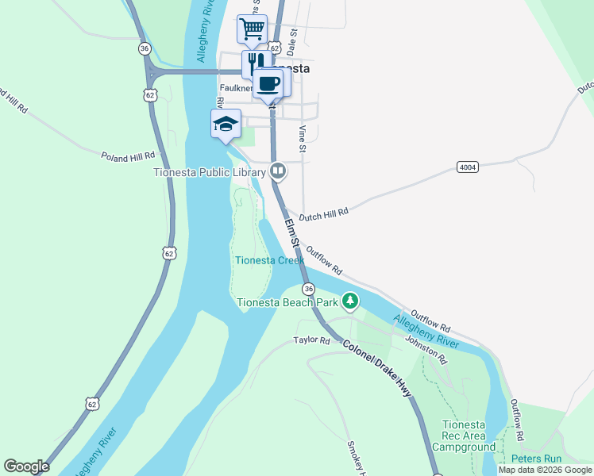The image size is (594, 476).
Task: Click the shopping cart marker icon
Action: (x=252, y=29)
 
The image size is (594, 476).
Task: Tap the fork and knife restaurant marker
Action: (x=254, y=63)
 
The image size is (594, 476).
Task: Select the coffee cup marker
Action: (x=268, y=83)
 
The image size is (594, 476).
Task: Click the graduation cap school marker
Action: (x=226, y=124)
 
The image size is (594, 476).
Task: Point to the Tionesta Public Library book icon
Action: (x=278, y=170)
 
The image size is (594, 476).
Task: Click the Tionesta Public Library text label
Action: (x=210, y=171)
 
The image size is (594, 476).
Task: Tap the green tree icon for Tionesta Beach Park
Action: (x=350, y=301)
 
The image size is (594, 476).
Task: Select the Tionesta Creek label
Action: (x=269, y=260)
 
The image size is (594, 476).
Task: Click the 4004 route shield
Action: (x=468, y=167)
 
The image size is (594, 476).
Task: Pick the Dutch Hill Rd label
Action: (x=324, y=213)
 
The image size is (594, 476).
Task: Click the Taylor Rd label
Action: (x=311, y=340)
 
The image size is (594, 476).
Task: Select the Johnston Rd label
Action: (x=426, y=350)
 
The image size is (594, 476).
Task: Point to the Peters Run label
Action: (x=537, y=459)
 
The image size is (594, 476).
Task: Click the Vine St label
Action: (x=302, y=139)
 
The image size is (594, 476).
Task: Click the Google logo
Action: (x=26, y=466)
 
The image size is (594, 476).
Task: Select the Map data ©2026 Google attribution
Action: (x=545, y=470)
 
